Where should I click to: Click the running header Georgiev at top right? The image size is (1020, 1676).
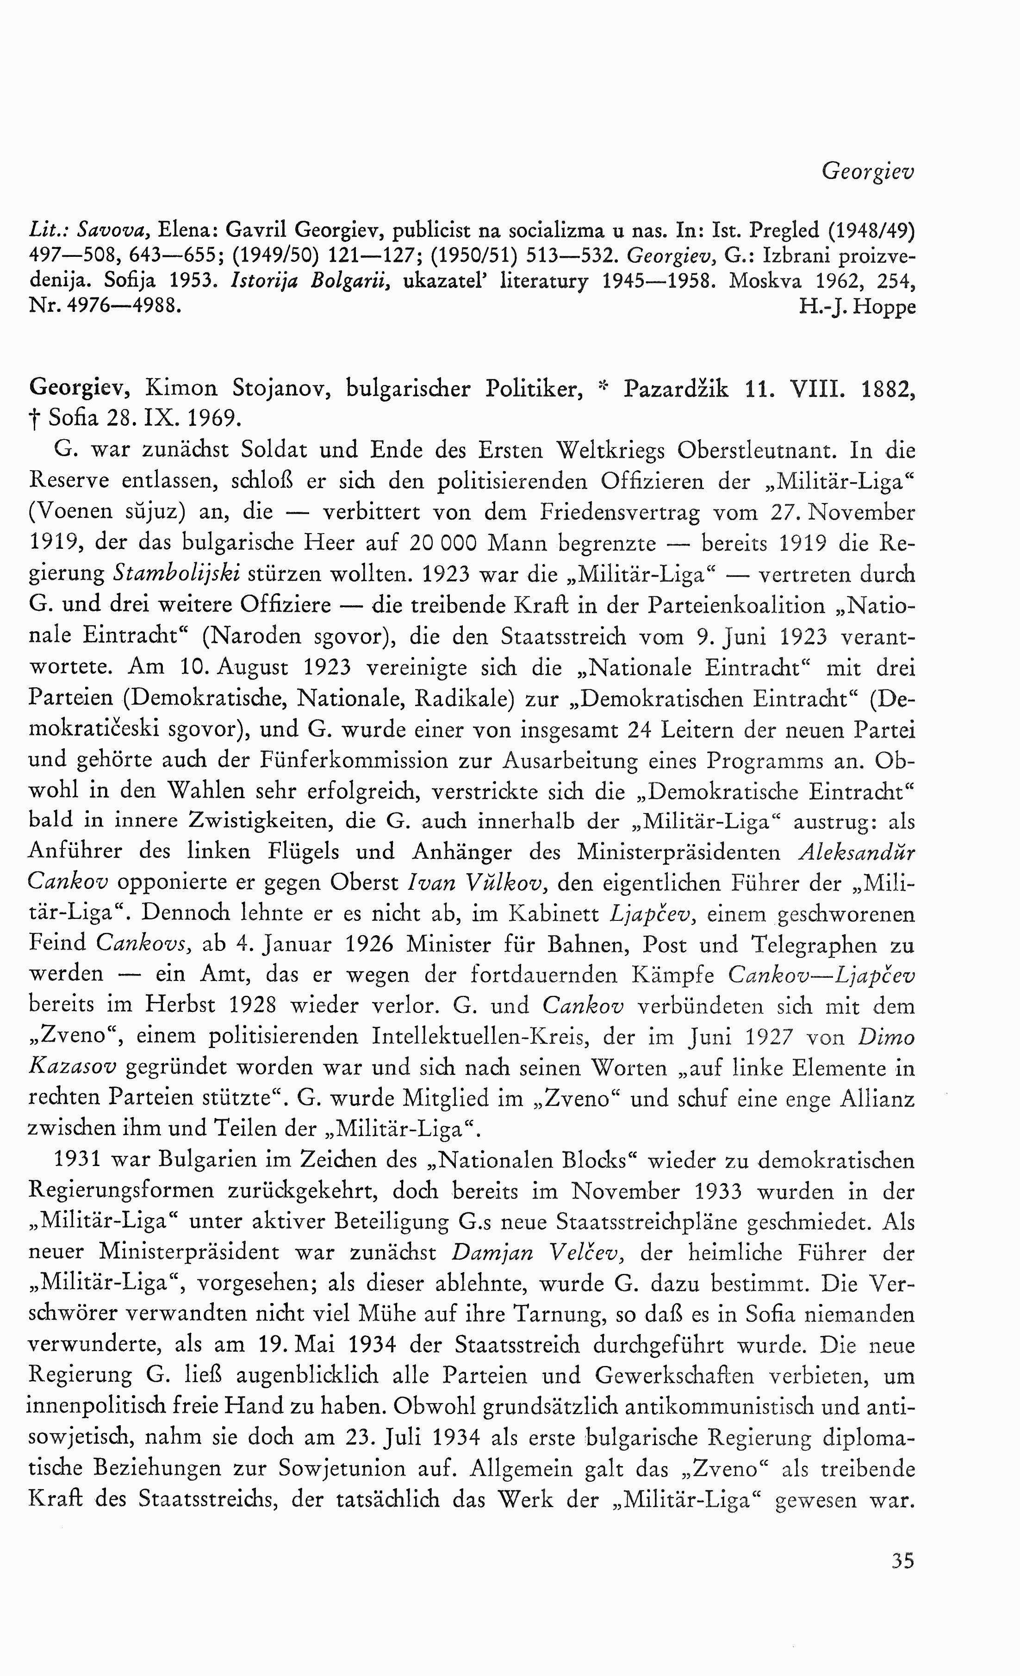pos(868,171)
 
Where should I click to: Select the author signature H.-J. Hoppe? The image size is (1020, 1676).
pos(858,307)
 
